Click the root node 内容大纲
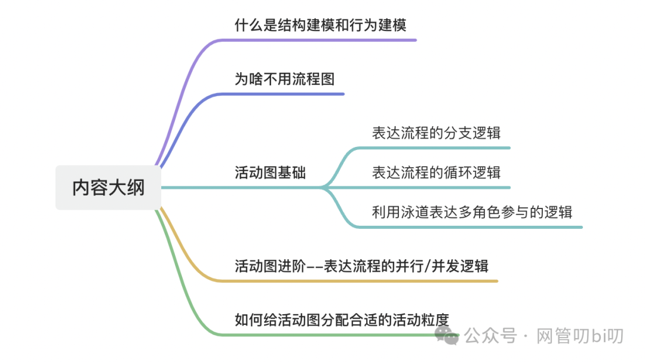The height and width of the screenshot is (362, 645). (108, 188)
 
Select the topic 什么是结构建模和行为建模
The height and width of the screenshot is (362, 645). (321, 25)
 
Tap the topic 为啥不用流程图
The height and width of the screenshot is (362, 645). (284, 79)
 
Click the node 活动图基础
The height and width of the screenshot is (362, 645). (270, 173)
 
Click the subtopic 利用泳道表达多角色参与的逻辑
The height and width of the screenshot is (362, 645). (472, 212)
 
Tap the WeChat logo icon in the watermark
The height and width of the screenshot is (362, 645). (447, 335)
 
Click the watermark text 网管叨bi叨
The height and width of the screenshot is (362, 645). (580, 336)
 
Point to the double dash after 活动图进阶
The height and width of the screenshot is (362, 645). (314, 266)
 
